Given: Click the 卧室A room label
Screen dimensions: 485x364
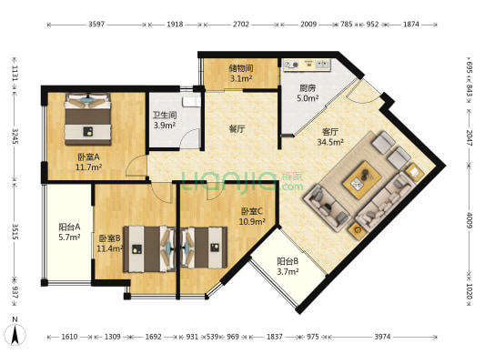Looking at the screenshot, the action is coord(88,157).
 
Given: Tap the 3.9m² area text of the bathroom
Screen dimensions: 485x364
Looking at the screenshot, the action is coord(165,126).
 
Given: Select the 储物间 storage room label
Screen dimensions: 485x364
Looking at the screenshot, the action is coord(241,68).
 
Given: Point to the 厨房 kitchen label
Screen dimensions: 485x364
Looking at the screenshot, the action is coord(308,88).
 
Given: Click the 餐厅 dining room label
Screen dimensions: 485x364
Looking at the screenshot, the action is coord(237,128).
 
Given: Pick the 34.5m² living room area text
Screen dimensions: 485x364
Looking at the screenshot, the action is coord(330,142).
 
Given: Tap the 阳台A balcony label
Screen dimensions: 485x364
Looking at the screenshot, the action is coord(69,227).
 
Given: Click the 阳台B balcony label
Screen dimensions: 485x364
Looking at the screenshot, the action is coord(288,262).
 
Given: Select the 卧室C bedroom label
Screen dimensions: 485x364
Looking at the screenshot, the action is coord(252,211).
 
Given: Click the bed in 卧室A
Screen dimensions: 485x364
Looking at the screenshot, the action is coord(88,119).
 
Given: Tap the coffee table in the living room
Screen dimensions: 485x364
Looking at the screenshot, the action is coord(361,179).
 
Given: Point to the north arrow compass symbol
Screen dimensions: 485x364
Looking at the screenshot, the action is coord(15,333).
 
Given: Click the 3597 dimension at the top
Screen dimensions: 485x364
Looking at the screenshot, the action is coord(96,25).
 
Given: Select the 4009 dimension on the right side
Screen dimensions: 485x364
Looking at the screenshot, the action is coord(470,220).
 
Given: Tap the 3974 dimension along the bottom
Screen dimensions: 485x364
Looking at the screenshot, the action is coord(382,337).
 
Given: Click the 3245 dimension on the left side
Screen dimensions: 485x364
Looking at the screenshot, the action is coord(15,136).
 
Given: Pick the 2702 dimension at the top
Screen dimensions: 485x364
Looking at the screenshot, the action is coord(241,25).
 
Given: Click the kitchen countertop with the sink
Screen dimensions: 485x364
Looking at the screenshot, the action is coord(308,65).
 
